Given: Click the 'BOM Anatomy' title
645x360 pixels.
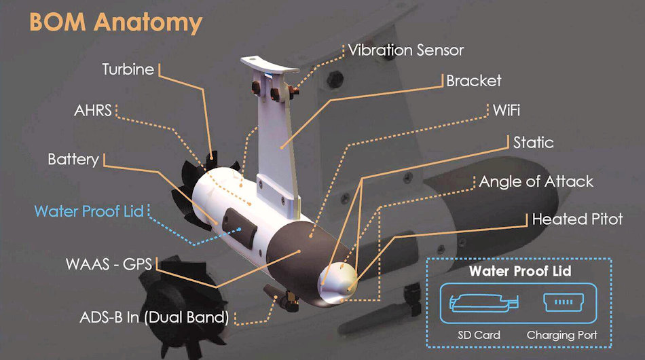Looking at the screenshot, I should pos(115,22).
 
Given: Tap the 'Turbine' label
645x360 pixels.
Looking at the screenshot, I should pos(128,69).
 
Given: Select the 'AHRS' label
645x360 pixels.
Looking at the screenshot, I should pos(92,110).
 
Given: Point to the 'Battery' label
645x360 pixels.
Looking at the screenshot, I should pos(73,160).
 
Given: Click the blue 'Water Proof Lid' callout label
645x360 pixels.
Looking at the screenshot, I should pos(89,211).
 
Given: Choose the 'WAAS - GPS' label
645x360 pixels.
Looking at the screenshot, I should pos(109,263).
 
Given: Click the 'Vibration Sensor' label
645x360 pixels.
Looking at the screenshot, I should pos(405,50).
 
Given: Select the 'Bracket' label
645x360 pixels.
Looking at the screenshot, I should pos(473,81).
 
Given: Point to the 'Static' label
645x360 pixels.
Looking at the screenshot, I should pos(533,143).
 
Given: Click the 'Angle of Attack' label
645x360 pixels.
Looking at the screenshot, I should pos(536,181).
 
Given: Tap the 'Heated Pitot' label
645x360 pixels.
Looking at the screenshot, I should pos(577,219).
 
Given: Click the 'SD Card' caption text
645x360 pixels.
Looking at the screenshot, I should pos(479,335).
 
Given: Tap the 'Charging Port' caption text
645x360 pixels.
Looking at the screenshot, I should pos(561,335).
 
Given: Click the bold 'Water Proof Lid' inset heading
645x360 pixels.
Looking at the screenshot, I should pos(520,272).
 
